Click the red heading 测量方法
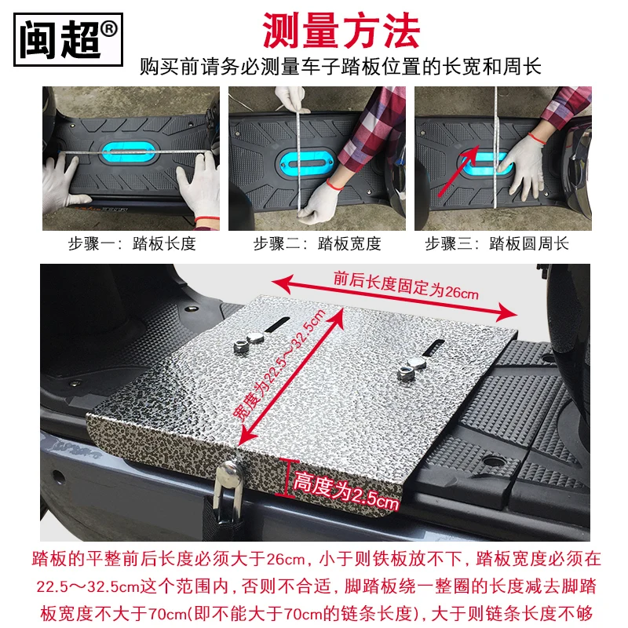coord(341,31)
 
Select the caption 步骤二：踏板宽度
coord(316,243)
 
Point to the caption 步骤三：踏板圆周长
coord(497,243)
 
